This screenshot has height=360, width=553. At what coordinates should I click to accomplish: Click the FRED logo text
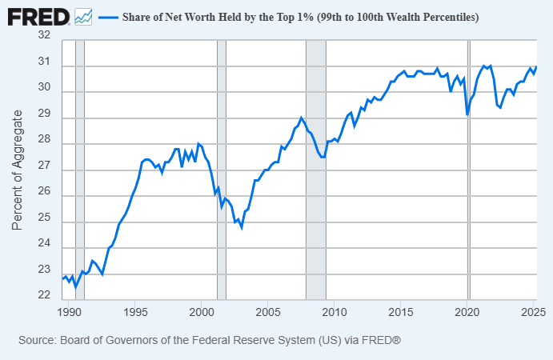[38, 15]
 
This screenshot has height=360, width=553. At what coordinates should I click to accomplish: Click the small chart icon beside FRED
[83, 15]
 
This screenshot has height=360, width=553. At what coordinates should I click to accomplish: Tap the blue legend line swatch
[107, 17]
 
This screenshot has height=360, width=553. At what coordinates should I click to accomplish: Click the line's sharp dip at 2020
[467, 115]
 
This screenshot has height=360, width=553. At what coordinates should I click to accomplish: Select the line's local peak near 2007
[302, 118]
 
